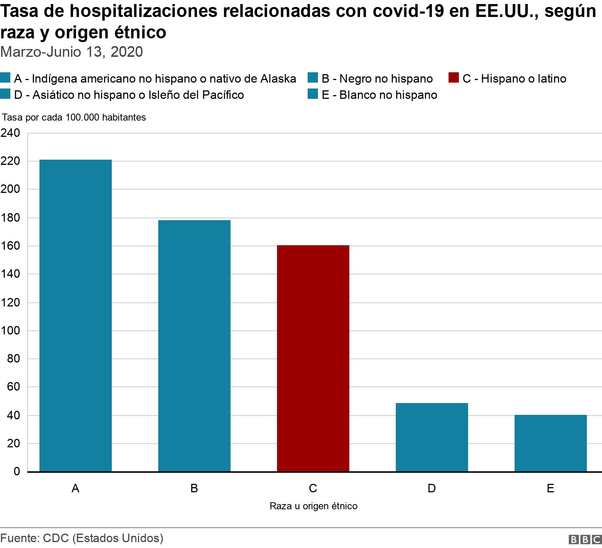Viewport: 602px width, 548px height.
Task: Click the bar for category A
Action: (76, 315)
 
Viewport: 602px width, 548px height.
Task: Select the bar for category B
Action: (194, 346)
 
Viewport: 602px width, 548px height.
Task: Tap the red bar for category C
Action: (313, 358)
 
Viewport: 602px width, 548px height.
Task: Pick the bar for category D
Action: (432, 437)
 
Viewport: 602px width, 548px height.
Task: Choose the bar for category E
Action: (550, 443)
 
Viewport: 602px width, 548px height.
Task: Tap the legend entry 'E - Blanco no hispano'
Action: (379, 95)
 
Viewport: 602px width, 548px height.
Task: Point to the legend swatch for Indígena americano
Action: (5, 79)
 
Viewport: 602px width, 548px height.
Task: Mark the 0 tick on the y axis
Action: (17, 471)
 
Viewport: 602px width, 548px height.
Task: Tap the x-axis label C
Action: (313, 488)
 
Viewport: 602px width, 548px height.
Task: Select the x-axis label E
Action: (550, 488)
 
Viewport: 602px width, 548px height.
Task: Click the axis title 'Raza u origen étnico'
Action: (314, 506)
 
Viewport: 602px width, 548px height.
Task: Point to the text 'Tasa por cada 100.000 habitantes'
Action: (74, 117)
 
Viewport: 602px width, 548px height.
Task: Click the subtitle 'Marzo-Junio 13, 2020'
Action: (72, 52)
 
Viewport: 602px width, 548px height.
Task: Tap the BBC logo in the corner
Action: (585, 540)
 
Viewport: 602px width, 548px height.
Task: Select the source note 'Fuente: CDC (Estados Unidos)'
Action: (82, 538)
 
